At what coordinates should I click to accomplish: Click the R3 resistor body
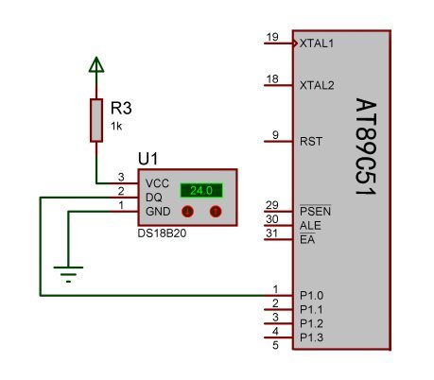pos(96,120)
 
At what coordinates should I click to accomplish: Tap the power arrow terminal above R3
pos(96,64)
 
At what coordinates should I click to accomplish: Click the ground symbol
pos(68,274)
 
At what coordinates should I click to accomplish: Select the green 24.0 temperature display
pos(201,190)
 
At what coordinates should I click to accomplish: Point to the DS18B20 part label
pos(162,233)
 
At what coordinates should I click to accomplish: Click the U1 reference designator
pos(148,159)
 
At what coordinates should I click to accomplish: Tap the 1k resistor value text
pos(116,127)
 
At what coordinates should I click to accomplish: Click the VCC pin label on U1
pos(157,183)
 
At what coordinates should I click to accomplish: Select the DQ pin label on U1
pos(154,198)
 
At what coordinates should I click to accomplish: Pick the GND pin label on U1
pos(158,212)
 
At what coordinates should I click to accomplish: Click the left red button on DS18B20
pos(187,211)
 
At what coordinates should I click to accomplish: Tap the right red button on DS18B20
pos(216,211)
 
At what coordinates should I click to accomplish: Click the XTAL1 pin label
pos(317,43)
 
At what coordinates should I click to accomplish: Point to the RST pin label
pos(311,142)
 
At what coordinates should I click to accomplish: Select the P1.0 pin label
pos(311,296)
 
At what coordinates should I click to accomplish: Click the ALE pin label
pos(310,226)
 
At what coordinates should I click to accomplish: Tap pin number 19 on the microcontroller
pos(272,37)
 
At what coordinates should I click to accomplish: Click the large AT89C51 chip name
pos(366,147)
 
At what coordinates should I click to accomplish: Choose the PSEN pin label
pos(315,211)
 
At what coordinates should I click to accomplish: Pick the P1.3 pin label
pos(311,337)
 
